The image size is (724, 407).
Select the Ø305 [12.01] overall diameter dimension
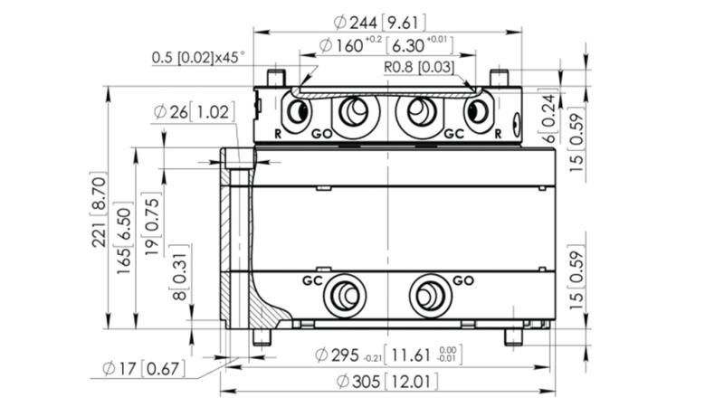(x=387, y=382)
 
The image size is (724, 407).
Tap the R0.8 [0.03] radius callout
(x=417, y=66)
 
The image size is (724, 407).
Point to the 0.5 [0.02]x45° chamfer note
(x=198, y=57)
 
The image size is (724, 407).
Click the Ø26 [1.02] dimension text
(x=194, y=112)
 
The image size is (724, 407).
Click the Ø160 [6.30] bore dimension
(x=386, y=45)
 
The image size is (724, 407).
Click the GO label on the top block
(x=321, y=133)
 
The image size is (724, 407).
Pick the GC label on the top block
(x=453, y=133)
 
